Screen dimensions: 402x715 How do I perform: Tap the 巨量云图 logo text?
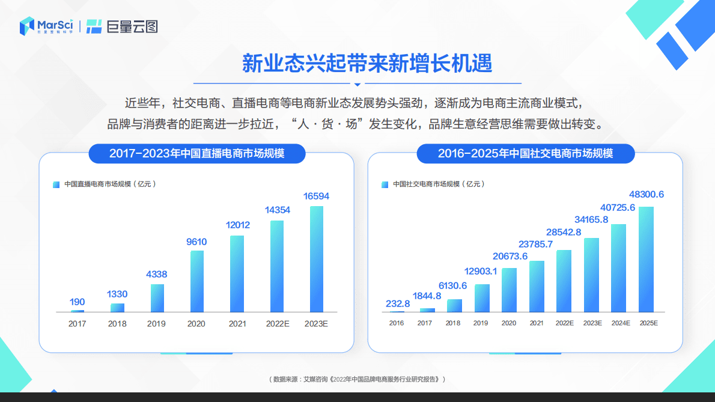pyautogui.click(x=123, y=26)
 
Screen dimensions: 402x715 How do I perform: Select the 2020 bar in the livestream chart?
pyautogui.click(x=196, y=281)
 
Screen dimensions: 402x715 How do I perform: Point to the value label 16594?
pyautogui.click(x=316, y=196)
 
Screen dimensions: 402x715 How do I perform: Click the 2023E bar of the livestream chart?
pyautogui.click(x=316, y=259)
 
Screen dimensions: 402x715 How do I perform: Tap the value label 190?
pyautogui.click(x=77, y=302)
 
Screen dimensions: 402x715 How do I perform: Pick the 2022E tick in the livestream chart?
pyautogui.click(x=278, y=324)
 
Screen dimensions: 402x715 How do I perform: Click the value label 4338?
pyautogui.click(x=157, y=275)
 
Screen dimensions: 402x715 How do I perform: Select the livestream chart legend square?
pyautogui.click(x=56, y=184)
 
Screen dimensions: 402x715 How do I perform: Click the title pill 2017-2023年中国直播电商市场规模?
pyautogui.click(x=196, y=154)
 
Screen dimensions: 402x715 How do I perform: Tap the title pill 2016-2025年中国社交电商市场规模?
pyautogui.click(x=525, y=154)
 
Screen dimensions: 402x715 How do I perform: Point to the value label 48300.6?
pyautogui.click(x=647, y=195)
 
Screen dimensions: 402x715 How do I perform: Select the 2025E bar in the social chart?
pyautogui.click(x=646, y=259)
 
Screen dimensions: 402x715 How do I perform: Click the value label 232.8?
pyautogui.click(x=398, y=303)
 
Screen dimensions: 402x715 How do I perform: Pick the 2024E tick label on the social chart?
pyautogui.click(x=620, y=323)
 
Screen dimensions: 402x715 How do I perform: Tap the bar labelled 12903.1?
pyautogui.click(x=482, y=298)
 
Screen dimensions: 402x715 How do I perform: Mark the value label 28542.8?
pyautogui.click(x=564, y=232)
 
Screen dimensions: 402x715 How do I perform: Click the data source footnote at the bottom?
pyautogui.click(x=357, y=379)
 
